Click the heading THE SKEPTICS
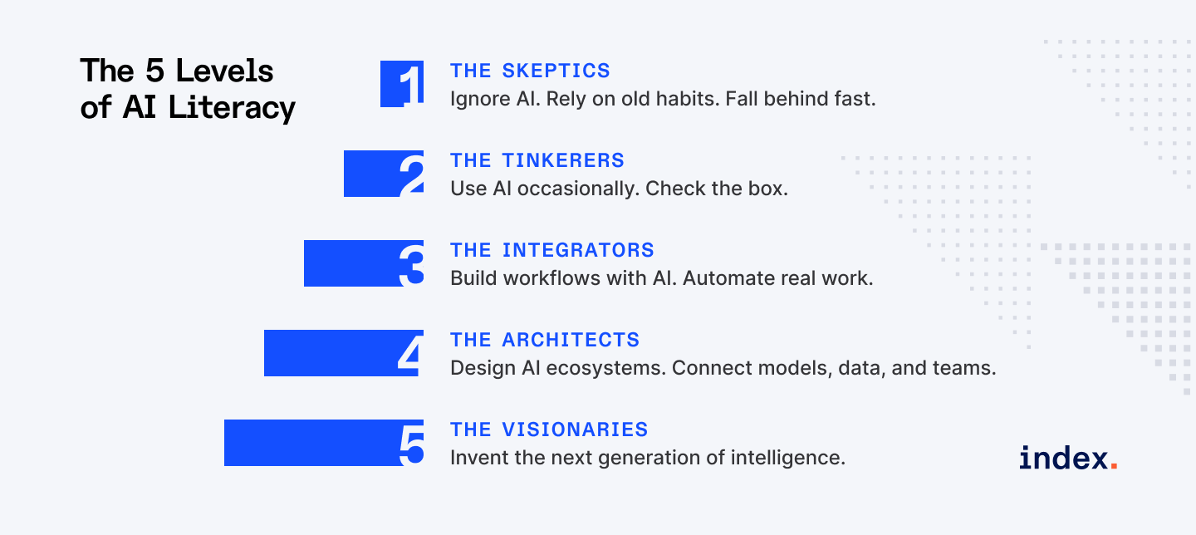[530, 71]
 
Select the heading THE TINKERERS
[537, 160]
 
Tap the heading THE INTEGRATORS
[551, 250]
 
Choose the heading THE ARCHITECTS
[545, 340]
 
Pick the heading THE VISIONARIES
[549, 429]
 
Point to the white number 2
[411, 174]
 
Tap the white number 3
[411, 264]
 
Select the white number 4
[410, 354]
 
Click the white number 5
[411, 444]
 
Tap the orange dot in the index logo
[1114, 466]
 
